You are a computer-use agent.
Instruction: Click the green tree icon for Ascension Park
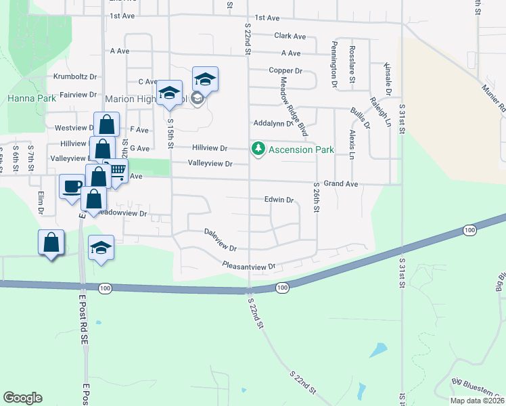258,149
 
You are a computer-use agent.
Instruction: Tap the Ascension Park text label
292,149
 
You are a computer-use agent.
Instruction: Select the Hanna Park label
32,98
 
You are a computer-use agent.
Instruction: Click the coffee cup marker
71,187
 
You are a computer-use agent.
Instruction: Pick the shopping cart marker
117,170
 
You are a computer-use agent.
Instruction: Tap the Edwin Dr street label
279,200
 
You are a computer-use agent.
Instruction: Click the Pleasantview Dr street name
250,267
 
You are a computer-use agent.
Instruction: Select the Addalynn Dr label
272,124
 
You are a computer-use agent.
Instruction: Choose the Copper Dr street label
284,70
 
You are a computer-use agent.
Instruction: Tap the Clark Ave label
290,36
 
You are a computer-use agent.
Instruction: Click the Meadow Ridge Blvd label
294,106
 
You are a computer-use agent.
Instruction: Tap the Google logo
22,398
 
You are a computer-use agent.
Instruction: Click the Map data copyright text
476,401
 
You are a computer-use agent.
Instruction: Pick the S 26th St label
316,197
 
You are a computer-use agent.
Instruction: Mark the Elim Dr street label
41,202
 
